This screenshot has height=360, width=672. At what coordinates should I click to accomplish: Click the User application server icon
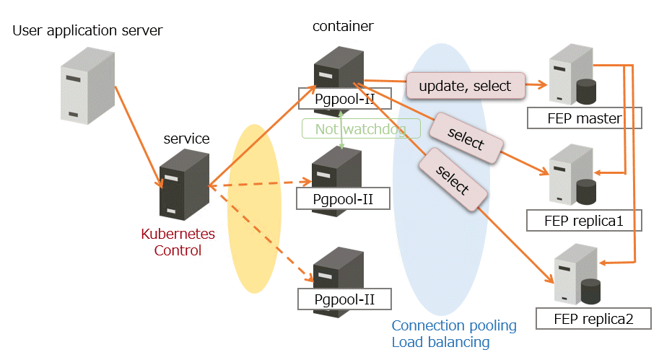pyautogui.click(x=87, y=85)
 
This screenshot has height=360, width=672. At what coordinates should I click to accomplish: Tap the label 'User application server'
pyautogui.click(x=87, y=30)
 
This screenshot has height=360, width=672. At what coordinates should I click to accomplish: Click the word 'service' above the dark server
pyautogui.click(x=187, y=139)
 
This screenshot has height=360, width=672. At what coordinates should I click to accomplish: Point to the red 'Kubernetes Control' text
pyautogui.click(x=178, y=242)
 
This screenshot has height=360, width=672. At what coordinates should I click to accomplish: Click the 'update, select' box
pyautogui.click(x=465, y=86)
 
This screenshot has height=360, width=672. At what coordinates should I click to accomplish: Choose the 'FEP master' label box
pyautogui.click(x=585, y=118)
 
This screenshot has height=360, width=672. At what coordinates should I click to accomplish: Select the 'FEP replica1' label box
pyautogui.click(x=584, y=220)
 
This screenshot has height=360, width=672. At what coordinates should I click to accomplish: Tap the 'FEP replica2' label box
pyautogui.click(x=593, y=318)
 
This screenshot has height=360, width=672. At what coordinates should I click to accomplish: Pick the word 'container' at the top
pyautogui.click(x=343, y=27)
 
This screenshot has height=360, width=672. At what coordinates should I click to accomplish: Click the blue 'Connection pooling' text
pyautogui.click(x=454, y=325)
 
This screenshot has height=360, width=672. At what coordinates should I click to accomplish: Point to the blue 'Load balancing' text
pyautogui.click(x=440, y=342)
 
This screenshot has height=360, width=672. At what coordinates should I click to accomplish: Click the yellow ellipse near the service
pyautogui.click(x=253, y=209)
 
